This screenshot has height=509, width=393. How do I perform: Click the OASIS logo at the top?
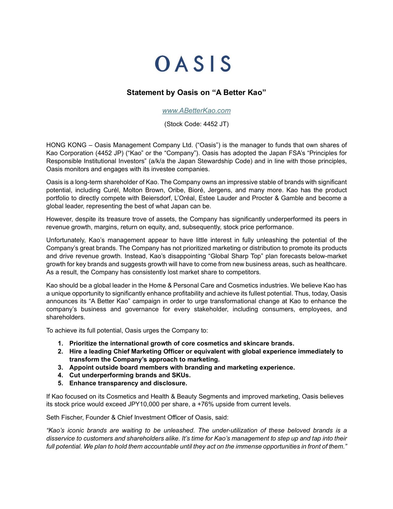pyautogui.click(x=193, y=64)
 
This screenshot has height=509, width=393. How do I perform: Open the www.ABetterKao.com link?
pyautogui.click(x=196, y=111)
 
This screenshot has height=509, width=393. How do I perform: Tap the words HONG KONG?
pyautogui.click(x=66, y=145)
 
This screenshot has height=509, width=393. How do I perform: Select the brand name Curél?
pyautogui.click(x=111, y=190)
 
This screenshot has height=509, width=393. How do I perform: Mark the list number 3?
pyautogui.click(x=60, y=367)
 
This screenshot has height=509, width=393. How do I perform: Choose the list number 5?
pyautogui.click(x=60, y=383)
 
